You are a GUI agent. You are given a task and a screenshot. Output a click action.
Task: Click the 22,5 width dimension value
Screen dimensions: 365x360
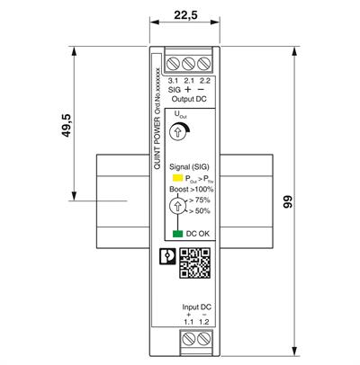(x=184, y=16)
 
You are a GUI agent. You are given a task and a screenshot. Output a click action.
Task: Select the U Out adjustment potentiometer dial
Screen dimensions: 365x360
(x=178, y=132)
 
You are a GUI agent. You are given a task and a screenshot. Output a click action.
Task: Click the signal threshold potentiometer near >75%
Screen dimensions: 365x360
(x=178, y=208)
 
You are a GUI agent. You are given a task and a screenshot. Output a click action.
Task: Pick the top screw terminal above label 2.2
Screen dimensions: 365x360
(x=204, y=64)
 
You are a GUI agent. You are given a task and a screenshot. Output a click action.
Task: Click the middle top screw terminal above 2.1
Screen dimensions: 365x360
(x=189, y=64)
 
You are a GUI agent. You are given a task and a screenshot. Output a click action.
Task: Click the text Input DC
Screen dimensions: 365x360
(x=195, y=307)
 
